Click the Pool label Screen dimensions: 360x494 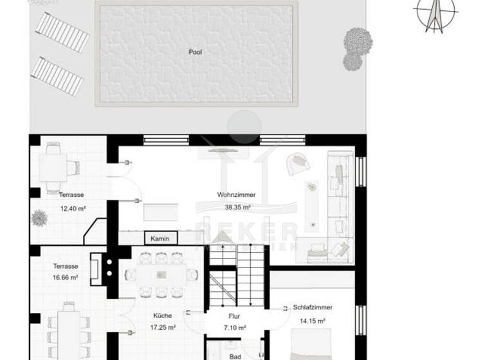195,52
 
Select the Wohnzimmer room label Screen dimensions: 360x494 236,194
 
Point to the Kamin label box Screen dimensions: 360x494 160,239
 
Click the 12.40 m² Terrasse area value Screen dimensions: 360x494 72,208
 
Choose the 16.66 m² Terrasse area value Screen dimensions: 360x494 65,278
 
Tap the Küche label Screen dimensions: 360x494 163,316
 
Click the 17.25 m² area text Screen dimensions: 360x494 163,327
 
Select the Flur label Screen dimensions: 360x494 234,316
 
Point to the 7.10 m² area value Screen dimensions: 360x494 234,327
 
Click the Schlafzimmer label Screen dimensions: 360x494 309,308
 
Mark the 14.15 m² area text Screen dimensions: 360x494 309,320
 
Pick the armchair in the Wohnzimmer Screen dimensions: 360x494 298,164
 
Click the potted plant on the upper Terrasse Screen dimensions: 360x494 39,218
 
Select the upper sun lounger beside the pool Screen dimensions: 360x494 62,32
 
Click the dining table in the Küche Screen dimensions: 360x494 160,274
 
